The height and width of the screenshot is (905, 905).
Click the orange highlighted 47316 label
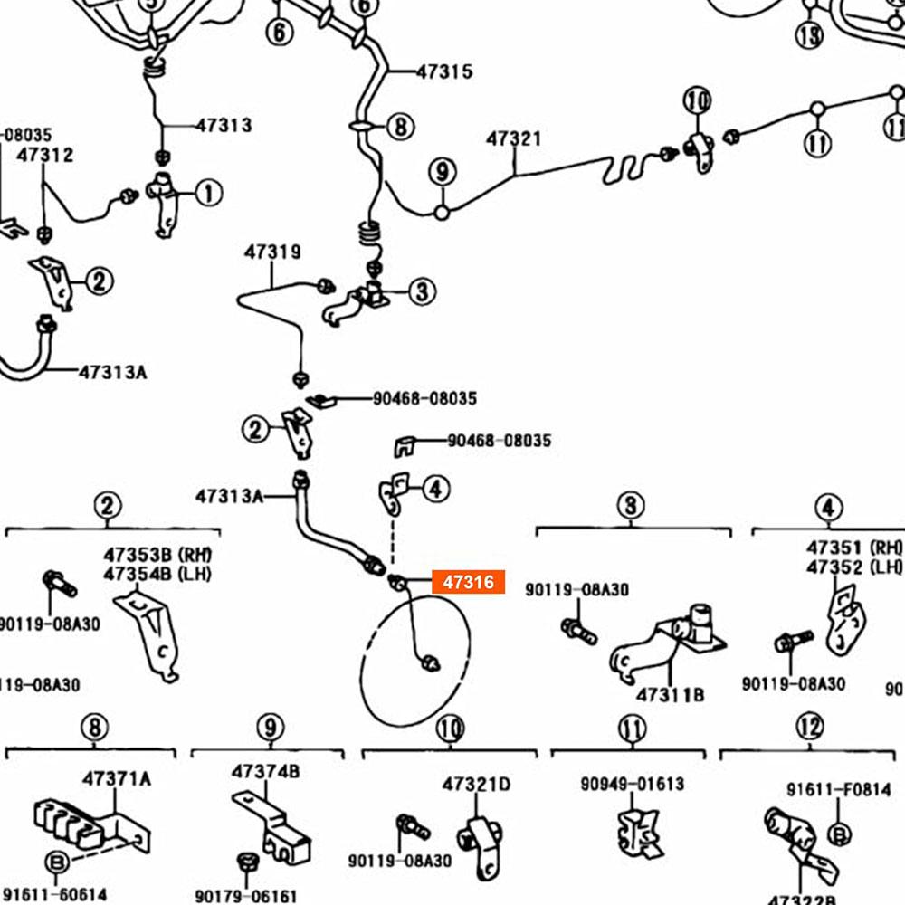pyautogui.click(x=468, y=583)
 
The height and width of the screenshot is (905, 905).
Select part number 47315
pyautogui.click(x=443, y=71)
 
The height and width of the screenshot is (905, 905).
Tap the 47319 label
pyautogui.click(x=271, y=252)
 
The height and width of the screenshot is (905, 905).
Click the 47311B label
pyautogui.click(x=669, y=695)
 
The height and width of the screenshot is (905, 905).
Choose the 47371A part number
pyautogui.click(x=117, y=777)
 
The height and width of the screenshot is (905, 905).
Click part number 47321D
pyautogui.click(x=476, y=784)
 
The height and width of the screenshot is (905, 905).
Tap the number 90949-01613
pyautogui.click(x=633, y=784)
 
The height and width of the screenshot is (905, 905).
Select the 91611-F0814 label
pyautogui.click(x=838, y=790)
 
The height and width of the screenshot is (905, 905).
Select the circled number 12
pyautogui.click(x=810, y=726)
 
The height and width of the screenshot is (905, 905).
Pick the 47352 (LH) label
pyautogui.click(x=854, y=567)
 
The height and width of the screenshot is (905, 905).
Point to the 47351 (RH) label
pyautogui.click(x=854, y=548)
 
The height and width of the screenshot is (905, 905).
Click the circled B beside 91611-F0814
pyautogui.click(x=839, y=833)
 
